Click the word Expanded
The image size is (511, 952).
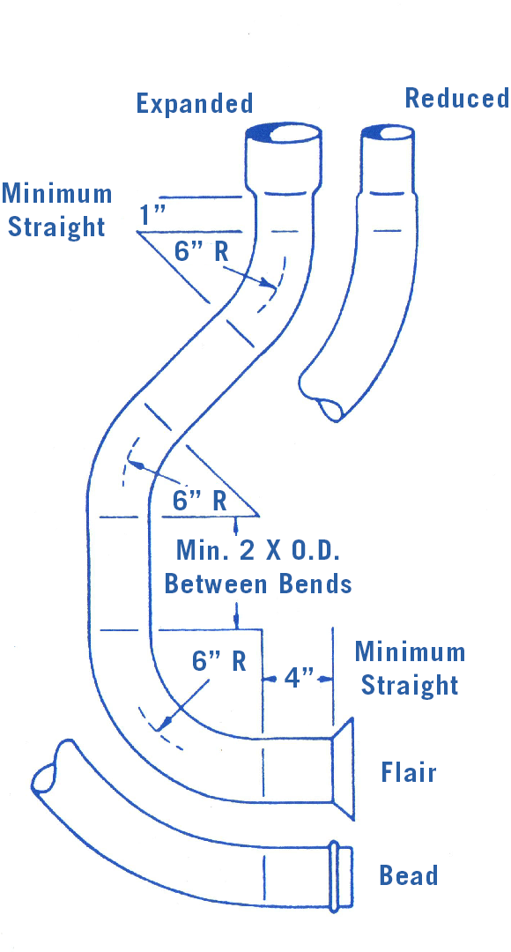(x=194, y=104)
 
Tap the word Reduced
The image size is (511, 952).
(x=457, y=98)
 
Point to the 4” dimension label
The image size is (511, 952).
(x=298, y=678)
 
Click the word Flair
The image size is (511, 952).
(x=409, y=772)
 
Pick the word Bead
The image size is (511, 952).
(x=409, y=875)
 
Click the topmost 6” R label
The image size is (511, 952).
(x=201, y=250)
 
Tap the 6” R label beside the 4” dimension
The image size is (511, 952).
(x=218, y=660)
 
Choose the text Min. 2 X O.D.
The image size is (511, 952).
(x=257, y=550)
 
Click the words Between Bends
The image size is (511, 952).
(x=258, y=584)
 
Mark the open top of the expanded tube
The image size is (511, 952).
(x=283, y=132)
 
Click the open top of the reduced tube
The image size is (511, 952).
(x=388, y=133)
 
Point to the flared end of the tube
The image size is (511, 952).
(x=343, y=769)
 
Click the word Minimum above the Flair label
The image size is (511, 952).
(x=410, y=651)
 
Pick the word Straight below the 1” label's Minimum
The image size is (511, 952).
(x=56, y=227)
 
